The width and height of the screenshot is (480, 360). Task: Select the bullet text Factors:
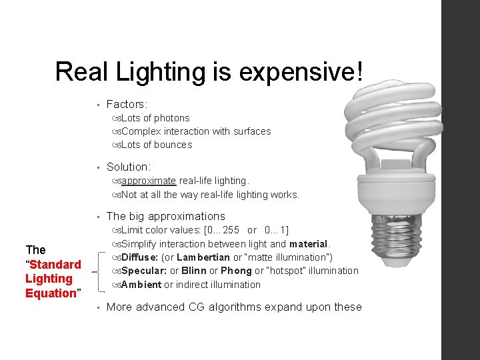[127, 104]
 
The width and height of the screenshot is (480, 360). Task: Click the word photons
[172, 118]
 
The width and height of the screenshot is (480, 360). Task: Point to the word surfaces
[249, 131]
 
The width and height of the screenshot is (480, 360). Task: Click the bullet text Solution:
[129, 167]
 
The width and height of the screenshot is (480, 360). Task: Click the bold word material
[309, 244]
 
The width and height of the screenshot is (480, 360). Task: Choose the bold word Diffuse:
[140, 257]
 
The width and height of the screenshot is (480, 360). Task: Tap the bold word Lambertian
[203, 257]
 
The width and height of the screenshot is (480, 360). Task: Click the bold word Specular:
[144, 271]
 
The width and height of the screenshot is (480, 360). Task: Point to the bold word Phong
[236, 271]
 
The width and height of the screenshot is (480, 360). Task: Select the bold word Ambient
[141, 285]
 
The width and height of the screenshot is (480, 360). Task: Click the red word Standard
[55, 264]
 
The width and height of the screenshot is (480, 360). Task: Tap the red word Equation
[51, 293]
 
